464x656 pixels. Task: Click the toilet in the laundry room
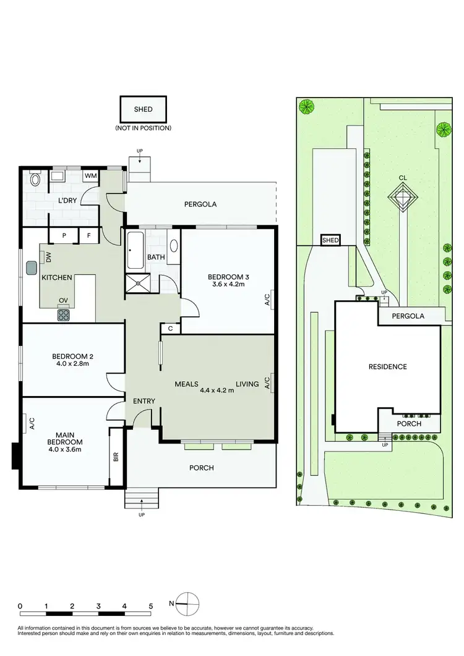(x=35, y=180)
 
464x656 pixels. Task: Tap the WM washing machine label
(x=90, y=177)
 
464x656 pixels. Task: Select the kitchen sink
(x=31, y=267)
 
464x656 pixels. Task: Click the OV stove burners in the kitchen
(x=64, y=314)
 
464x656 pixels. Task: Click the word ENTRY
(x=144, y=402)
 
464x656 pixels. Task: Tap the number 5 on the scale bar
(x=150, y=606)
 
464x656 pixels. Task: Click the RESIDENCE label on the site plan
(x=389, y=367)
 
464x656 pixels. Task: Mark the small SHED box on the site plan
(x=330, y=241)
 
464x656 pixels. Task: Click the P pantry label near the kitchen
(x=65, y=235)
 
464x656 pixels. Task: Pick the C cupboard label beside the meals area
(x=170, y=329)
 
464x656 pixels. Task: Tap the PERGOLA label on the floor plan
(x=200, y=204)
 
